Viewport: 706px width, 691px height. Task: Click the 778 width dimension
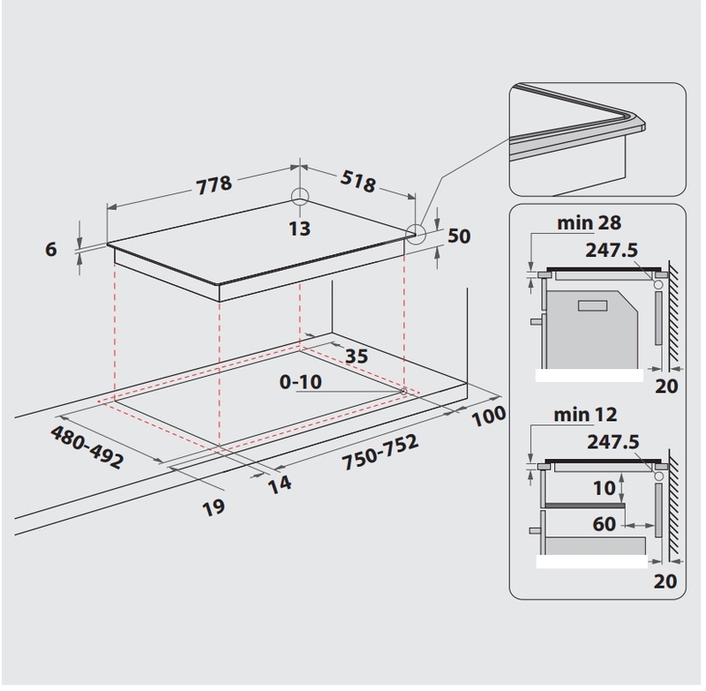click(214, 184)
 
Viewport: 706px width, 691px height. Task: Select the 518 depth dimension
click(358, 181)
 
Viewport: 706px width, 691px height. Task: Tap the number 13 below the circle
click(299, 229)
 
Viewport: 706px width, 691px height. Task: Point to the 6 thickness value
click(51, 249)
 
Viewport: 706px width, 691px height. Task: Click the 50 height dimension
click(459, 236)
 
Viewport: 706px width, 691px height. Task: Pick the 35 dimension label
click(357, 356)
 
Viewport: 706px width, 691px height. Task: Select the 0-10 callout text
click(300, 382)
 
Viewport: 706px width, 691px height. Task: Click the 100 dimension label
click(489, 416)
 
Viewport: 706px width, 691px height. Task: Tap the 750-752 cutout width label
click(380, 453)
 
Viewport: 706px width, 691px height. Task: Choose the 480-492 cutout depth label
click(86, 447)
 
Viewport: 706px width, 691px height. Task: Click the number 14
click(280, 484)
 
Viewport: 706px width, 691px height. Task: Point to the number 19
click(214, 507)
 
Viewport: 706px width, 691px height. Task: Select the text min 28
click(589, 222)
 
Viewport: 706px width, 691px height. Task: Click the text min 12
click(585, 415)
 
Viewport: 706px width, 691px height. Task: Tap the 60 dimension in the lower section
click(604, 524)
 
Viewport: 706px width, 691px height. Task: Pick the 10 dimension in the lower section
click(605, 488)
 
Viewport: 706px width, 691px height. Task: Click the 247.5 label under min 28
click(612, 251)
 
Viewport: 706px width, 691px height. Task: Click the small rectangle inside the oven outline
click(592, 306)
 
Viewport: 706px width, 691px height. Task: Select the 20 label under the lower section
click(665, 582)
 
